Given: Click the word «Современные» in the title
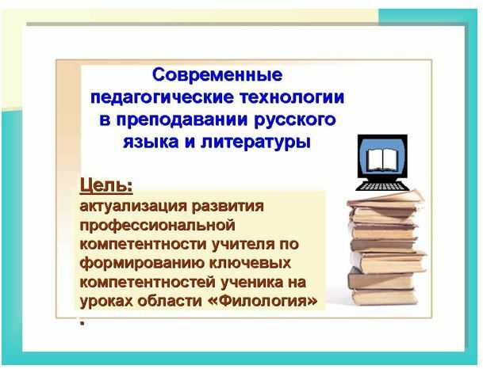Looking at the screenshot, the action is (217, 74).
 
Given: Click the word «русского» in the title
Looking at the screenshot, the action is (295, 120).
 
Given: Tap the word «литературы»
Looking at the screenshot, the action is (255, 143).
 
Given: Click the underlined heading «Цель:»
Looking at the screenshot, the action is (106, 186).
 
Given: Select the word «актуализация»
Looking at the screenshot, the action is (133, 207).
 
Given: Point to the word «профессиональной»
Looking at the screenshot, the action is (157, 226).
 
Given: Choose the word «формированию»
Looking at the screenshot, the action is (139, 264).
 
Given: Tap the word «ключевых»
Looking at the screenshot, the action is (247, 263).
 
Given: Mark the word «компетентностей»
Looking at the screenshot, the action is (148, 283).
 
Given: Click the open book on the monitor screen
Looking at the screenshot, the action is (382, 160).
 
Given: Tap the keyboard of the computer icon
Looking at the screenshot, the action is (382, 186).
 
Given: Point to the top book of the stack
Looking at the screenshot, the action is (385, 200).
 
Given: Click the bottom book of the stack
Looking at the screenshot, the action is (384, 297).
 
